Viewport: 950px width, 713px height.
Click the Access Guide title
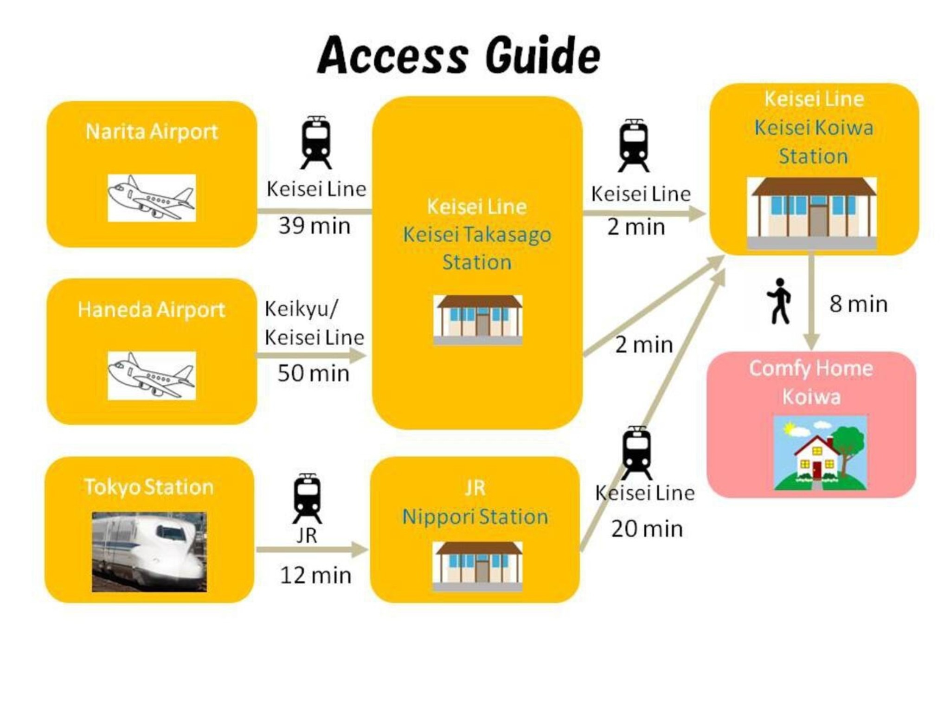tap(459, 55)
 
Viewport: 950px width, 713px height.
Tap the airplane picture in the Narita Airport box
tap(152, 198)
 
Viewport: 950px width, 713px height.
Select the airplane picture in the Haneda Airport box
tap(152, 376)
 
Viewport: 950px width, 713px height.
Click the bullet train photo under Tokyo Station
tap(149, 552)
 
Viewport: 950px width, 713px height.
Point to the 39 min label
tap(314, 226)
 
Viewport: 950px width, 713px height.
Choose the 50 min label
tap(314, 373)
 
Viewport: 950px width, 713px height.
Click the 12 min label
tap(315, 576)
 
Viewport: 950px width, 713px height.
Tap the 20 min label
tap(647, 529)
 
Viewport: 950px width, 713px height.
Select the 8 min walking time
tap(859, 305)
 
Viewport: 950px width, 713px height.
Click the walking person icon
tap(779, 301)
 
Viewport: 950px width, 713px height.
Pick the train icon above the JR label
tap(307, 499)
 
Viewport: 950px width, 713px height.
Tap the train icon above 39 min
tap(316, 143)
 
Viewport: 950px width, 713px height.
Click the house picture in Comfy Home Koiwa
tap(820, 453)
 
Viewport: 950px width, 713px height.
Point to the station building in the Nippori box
tap(478, 566)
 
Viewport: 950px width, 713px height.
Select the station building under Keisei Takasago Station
tap(478, 320)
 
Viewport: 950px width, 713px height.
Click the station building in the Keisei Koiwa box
tap(812, 213)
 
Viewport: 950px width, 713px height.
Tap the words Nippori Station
tap(475, 517)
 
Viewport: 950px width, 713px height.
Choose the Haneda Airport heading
tap(151, 310)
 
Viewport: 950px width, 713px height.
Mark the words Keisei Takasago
tap(477, 235)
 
